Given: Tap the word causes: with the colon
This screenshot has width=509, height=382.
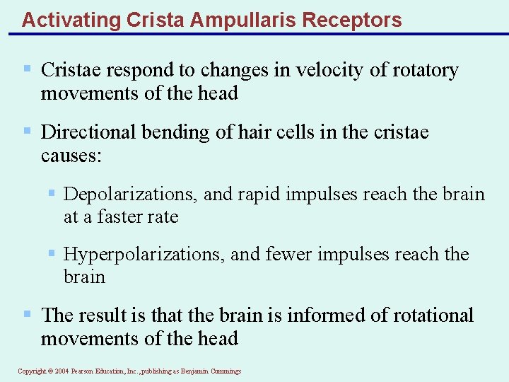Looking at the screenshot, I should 71,156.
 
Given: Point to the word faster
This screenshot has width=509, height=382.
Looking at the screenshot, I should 124,217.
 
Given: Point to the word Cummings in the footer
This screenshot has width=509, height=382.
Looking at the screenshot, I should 224,371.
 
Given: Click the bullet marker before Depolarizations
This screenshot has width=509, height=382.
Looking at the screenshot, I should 52,193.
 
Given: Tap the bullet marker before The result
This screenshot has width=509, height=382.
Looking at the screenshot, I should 27,313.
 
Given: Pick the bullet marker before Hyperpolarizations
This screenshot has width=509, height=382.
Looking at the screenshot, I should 52,253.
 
